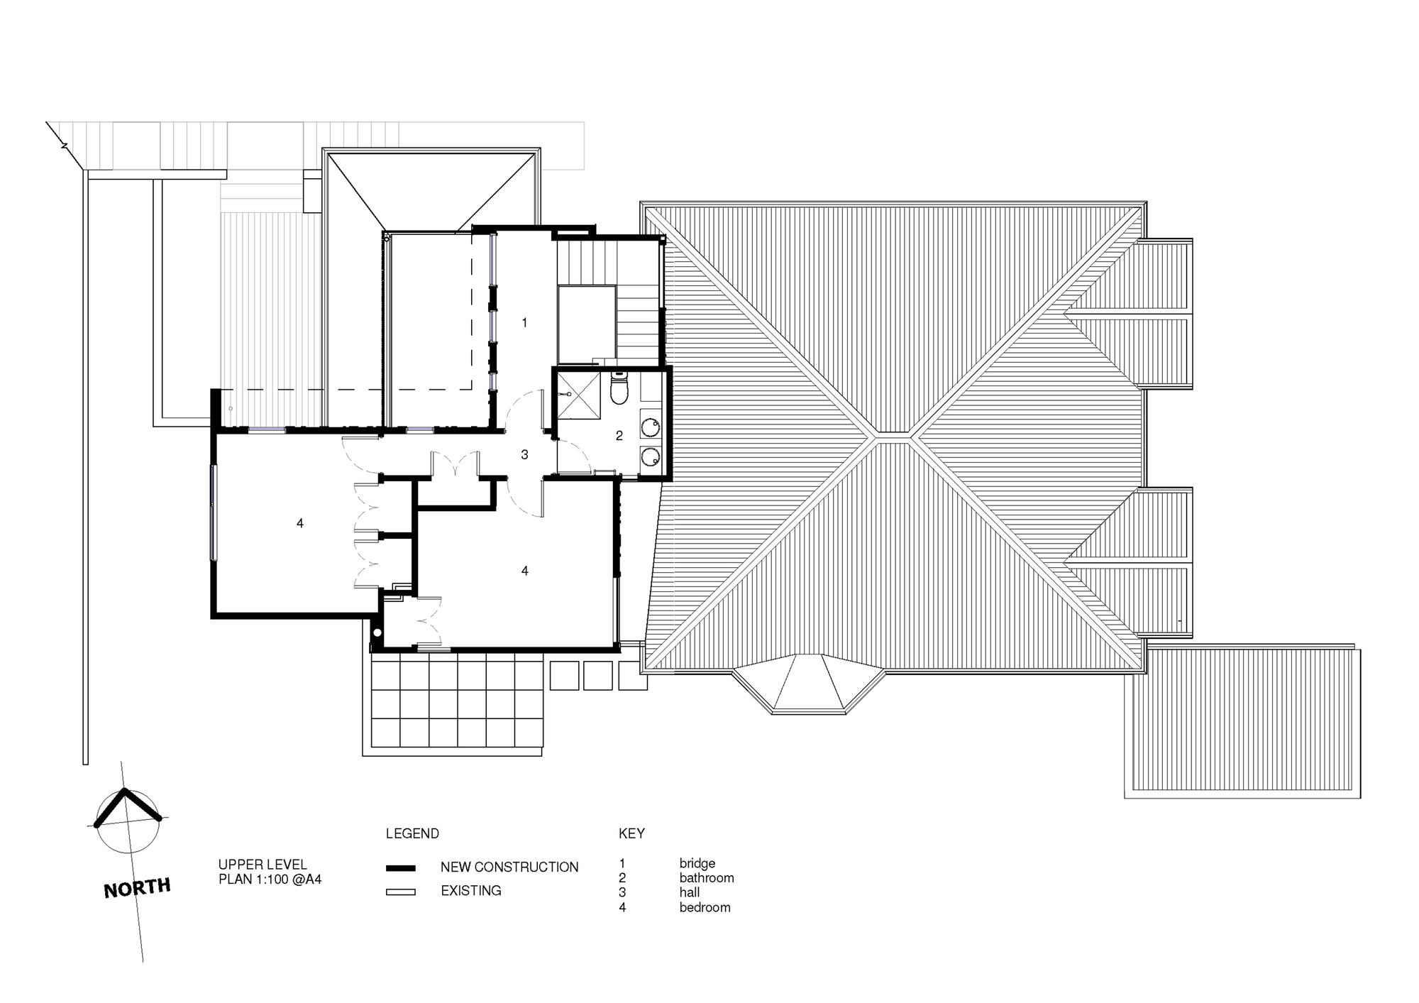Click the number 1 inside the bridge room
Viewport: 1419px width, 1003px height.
point(524,323)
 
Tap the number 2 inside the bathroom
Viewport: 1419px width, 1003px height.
point(619,436)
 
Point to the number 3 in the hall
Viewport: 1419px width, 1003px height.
point(524,455)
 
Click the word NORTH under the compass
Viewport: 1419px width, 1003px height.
point(137,888)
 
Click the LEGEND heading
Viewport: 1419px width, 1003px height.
point(412,833)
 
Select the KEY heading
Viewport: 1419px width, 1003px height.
point(631,833)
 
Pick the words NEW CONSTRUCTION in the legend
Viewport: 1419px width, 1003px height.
point(509,867)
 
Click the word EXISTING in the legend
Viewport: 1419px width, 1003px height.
point(471,891)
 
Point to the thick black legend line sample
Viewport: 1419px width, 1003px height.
point(401,868)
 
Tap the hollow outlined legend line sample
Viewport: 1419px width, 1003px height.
point(401,892)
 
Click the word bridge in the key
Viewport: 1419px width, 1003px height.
point(697,864)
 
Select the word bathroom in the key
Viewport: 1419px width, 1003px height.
point(707,878)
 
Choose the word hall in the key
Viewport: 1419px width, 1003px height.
point(690,893)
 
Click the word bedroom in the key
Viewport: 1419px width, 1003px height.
point(705,908)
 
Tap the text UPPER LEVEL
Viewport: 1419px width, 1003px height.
point(263,865)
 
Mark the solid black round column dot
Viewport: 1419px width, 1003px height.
point(377,632)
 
